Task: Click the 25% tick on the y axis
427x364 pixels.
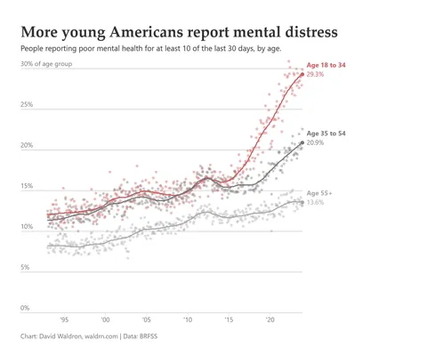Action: (x=27, y=105)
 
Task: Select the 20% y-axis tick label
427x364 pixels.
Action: (x=27, y=146)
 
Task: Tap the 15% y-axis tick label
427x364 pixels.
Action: (x=27, y=187)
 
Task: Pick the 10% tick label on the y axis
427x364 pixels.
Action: (x=27, y=227)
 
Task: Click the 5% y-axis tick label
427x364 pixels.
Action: (x=25, y=268)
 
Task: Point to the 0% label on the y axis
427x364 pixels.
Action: (x=25, y=309)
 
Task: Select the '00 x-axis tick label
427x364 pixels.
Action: (x=106, y=319)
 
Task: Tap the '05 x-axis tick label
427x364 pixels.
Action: (x=147, y=319)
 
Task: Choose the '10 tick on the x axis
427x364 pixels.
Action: (x=188, y=319)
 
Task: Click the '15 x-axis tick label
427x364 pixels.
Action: (x=229, y=319)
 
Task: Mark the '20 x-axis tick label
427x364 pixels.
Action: (x=270, y=319)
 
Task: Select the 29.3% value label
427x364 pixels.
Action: (x=315, y=75)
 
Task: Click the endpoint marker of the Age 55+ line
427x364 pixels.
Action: (x=302, y=202)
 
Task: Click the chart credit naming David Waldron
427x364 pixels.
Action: (x=79, y=337)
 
